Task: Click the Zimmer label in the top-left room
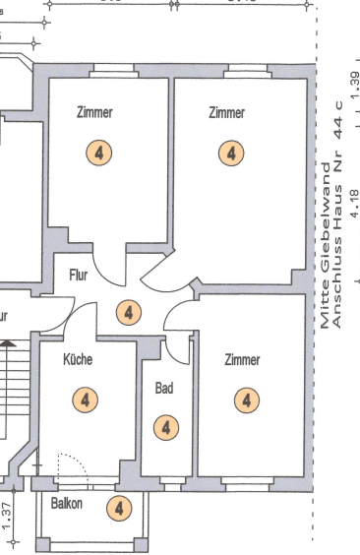(x=94, y=112)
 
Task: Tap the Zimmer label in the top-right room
(x=226, y=113)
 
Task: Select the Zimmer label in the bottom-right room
(x=241, y=360)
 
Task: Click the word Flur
(x=79, y=277)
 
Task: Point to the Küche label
(x=78, y=360)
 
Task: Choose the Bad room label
(x=164, y=389)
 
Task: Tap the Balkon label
(x=67, y=504)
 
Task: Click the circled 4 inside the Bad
(x=166, y=427)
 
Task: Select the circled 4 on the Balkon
(x=118, y=508)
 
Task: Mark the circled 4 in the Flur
(x=128, y=313)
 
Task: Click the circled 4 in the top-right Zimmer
(x=231, y=154)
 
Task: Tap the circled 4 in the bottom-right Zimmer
(x=246, y=400)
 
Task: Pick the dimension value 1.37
(x=8, y=516)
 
